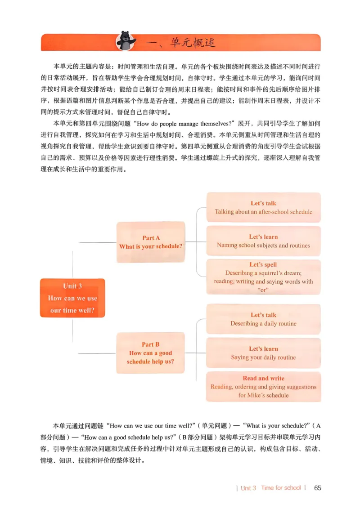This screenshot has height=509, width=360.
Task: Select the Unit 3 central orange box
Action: click(x=72, y=298)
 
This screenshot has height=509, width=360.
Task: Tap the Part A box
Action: click(x=151, y=242)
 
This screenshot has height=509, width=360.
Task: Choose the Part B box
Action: click(x=151, y=353)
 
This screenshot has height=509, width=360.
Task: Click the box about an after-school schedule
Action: click(x=263, y=207)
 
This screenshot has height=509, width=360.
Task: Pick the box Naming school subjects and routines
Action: click(x=263, y=241)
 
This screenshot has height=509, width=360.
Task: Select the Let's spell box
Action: click(x=263, y=277)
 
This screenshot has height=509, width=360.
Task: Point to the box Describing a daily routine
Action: click(x=263, y=319)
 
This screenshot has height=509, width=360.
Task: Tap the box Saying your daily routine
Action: click(x=263, y=353)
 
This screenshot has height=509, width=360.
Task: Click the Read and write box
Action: click(x=263, y=387)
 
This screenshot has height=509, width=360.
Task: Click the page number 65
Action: click(x=318, y=488)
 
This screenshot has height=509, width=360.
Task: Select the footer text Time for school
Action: click(x=281, y=488)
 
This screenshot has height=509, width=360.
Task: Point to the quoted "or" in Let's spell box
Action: click(x=263, y=290)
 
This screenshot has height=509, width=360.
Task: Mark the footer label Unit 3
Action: click(x=248, y=488)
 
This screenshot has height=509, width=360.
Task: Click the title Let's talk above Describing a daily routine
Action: click(x=263, y=315)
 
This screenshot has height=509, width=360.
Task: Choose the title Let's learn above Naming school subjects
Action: click(x=263, y=237)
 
